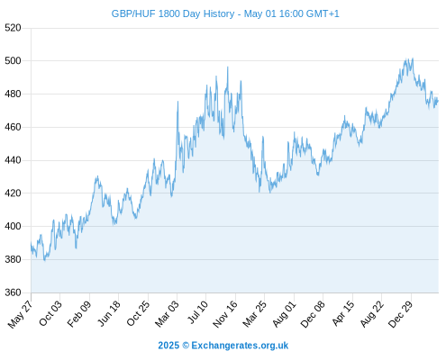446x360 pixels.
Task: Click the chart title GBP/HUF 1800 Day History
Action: click(173, 13)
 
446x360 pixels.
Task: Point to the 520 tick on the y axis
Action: click(13, 28)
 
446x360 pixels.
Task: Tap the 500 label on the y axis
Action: click(13, 61)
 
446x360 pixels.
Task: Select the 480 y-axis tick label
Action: click(13, 94)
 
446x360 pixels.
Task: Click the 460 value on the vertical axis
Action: click(13, 127)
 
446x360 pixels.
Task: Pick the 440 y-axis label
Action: click(13, 160)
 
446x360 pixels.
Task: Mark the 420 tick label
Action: click(13, 193)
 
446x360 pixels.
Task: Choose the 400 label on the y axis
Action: click(13, 226)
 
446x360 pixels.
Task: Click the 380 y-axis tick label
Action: click(13, 259)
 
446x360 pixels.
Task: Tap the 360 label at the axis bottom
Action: click(13, 292)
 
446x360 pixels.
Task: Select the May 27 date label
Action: click(21, 314)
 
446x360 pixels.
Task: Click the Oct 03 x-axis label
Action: click(50, 313)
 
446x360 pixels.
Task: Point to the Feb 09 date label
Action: click(79, 313)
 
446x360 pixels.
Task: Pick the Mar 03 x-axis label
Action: click(167, 313)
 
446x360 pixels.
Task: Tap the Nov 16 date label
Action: click(225, 314)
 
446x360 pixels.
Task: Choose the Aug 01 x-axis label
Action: click(284, 313)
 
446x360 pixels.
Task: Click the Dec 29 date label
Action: click(401, 314)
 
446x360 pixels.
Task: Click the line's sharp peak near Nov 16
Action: click(228, 67)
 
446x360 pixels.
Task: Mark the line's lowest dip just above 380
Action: click(45, 260)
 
